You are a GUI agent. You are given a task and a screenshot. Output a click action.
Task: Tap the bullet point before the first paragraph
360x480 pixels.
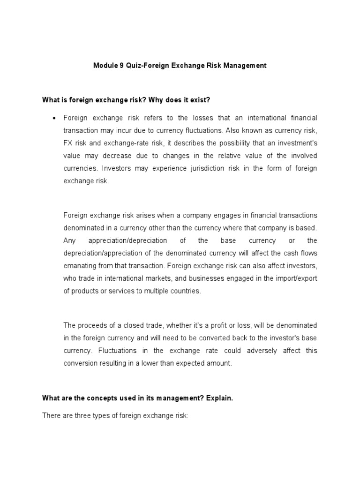55,118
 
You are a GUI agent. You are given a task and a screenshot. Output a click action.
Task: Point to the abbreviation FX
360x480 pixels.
68,143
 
